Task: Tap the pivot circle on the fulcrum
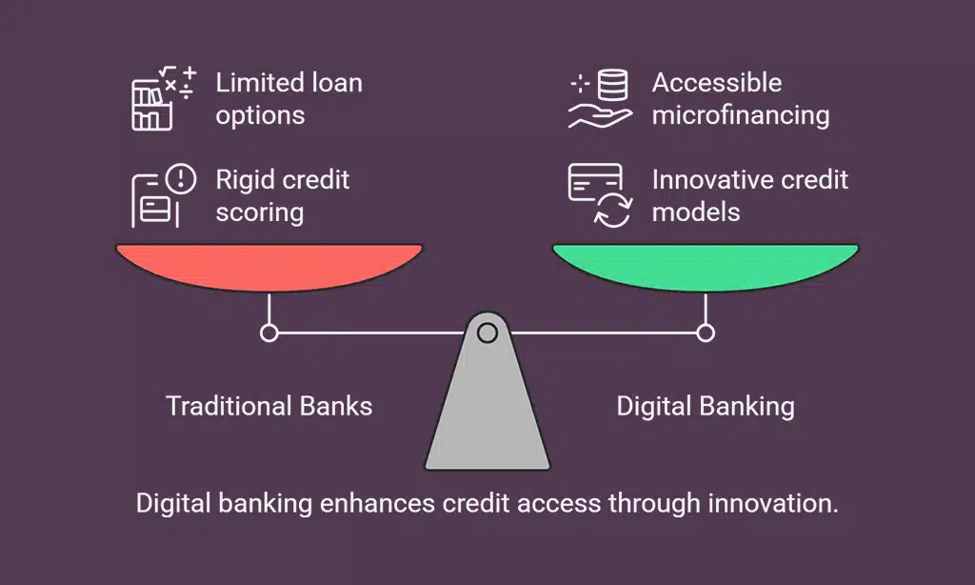tap(487, 333)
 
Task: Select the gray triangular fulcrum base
tap(487, 410)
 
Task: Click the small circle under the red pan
tap(269, 333)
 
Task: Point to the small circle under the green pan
tap(706, 333)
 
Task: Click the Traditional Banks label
tap(269, 406)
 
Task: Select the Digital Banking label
tap(706, 406)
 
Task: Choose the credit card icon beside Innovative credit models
tap(599, 195)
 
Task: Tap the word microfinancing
tap(741, 116)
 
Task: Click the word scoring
tap(260, 212)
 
